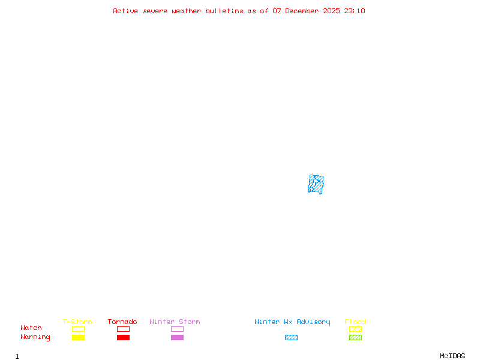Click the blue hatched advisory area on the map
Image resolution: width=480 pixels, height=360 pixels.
[316, 184]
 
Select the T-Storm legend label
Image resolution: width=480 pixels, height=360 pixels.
[77, 322]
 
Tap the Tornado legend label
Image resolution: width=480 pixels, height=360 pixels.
[122, 322]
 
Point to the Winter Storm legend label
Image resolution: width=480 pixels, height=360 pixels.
[175, 322]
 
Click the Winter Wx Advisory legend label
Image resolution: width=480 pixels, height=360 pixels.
[292, 322]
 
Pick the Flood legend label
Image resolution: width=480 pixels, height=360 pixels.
[355, 322]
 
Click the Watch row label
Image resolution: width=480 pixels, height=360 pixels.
[31, 328]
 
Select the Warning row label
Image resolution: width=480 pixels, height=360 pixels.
[35, 337]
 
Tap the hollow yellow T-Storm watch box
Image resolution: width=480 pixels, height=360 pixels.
[78, 329]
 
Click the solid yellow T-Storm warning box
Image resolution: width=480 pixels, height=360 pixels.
[78, 338]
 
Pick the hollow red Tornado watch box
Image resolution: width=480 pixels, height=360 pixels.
[123, 329]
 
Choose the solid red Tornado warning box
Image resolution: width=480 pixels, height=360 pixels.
[123, 338]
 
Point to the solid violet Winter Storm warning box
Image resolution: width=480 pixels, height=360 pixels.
[177, 338]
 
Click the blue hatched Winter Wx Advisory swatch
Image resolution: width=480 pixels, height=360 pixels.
[291, 338]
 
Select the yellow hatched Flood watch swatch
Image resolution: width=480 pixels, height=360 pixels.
[355, 329]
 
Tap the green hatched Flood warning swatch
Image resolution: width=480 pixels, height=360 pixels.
[355, 338]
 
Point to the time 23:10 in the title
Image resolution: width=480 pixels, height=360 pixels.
[355, 11]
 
